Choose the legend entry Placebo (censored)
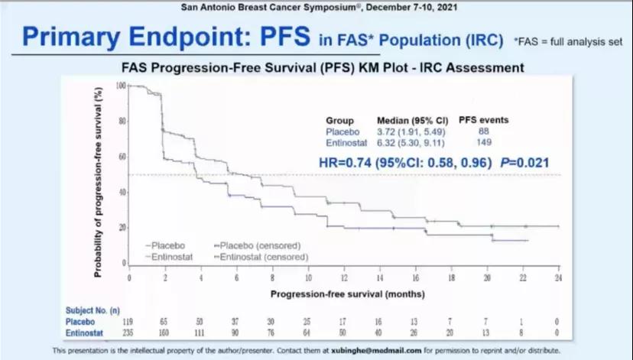point(259,245)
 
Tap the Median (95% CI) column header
point(408,120)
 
